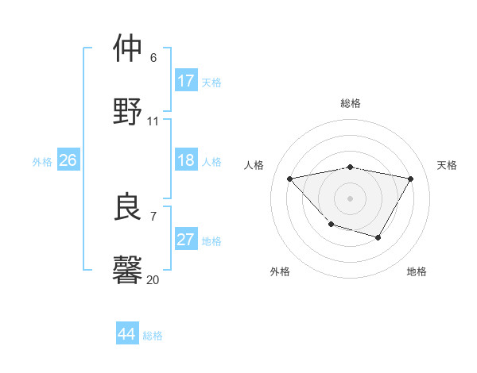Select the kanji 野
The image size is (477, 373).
(128, 112)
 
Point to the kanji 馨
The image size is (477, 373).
(128, 271)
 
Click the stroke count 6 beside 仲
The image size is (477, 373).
(153, 57)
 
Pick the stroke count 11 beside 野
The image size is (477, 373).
(153, 121)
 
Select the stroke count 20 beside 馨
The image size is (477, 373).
(153, 279)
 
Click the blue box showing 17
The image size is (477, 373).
(186, 81)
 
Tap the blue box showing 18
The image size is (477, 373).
(186, 160)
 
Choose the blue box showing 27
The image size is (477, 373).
(186, 240)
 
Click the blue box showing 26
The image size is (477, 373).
(68, 160)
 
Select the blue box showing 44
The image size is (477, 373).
(127, 334)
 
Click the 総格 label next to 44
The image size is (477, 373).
(153, 336)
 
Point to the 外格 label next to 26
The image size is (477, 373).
(42, 162)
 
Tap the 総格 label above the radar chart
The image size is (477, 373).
(351, 103)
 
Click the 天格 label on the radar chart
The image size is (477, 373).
(448, 165)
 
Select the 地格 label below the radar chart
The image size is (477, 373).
(417, 271)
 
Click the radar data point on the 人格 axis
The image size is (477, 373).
(289, 179)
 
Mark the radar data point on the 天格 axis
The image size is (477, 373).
(410, 179)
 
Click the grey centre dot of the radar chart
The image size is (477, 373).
(350, 198)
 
